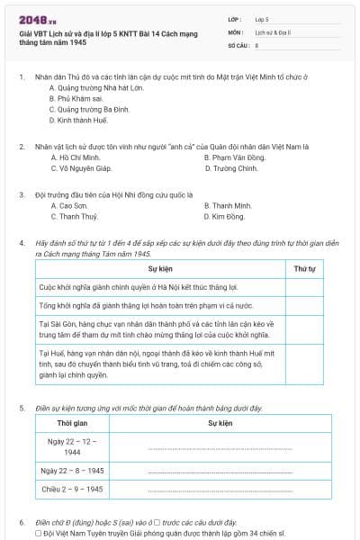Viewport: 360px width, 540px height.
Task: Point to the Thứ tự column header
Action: (x=305, y=269)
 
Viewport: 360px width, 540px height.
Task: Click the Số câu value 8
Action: (x=257, y=44)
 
